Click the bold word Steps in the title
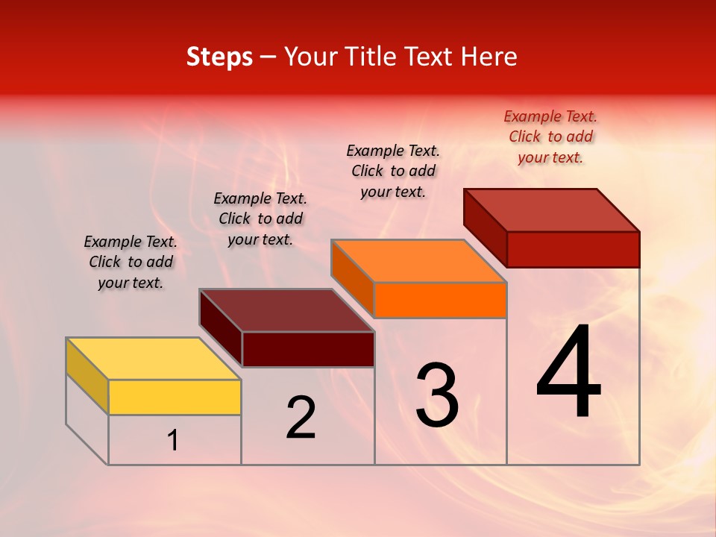(x=219, y=57)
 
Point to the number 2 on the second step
(x=301, y=418)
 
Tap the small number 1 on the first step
(x=173, y=441)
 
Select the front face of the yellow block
(x=175, y=397)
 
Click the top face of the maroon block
(x=287, y=310)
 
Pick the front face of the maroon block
(x=308, y=349)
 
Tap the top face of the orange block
(x=419, y=261)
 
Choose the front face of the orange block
(x=440, y=300)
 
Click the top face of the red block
(x=552, y=210)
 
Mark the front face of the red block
(x=573, y=249)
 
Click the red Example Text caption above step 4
(x=550, y=136)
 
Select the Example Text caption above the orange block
(x=393, y=171)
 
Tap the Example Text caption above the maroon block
(x=260, y=219)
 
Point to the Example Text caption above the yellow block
(x=131, y=262)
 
